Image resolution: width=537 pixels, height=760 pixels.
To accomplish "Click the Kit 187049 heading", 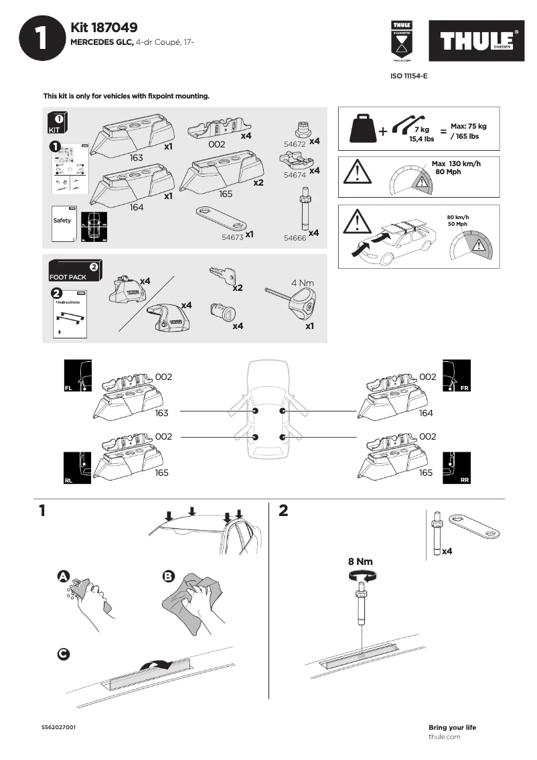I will [104, 27].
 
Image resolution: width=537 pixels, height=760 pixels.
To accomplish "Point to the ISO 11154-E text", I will [408, 76].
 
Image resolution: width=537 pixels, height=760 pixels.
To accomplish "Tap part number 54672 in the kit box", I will [295, 144].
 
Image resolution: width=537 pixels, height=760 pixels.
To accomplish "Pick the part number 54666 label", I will [295, 237].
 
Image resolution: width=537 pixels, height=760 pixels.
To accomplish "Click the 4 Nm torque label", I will [302, 283].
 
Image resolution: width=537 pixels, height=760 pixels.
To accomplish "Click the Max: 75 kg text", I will [469, 126].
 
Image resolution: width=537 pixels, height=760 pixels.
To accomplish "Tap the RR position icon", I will [457, 468].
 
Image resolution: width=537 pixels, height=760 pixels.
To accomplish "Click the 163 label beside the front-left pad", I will [161, 414].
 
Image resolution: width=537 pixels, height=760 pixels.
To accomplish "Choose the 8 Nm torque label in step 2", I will [360, 562].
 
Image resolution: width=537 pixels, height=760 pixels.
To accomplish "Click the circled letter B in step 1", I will [169, 576].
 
